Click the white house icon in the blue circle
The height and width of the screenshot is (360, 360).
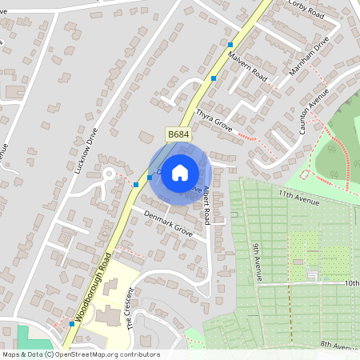[x=180, y=172]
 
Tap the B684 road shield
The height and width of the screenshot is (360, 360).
[x=178, y=135]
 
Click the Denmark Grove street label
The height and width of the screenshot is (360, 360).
[x=168, y=222]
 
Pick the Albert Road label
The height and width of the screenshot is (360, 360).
[x=206, y=205]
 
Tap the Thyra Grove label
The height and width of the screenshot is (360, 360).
[x=213, y=121]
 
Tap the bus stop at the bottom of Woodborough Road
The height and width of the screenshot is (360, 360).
[x=72, y=324]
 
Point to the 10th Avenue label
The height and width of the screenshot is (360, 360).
[x=351, y=283]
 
